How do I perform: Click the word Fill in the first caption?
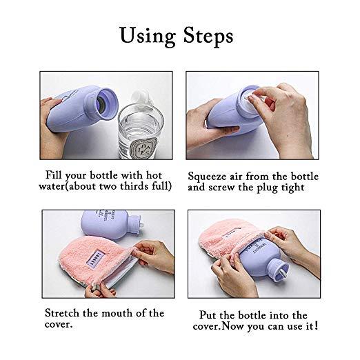click(x=57, y=174)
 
